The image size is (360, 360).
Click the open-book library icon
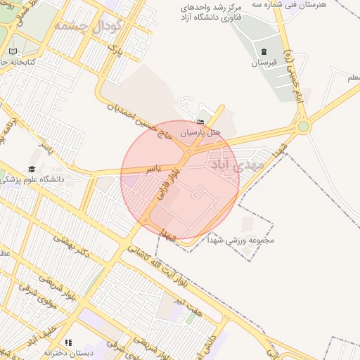point(13,51)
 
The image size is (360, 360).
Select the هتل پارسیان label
point(200,132)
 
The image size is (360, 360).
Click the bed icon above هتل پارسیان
point(201,122)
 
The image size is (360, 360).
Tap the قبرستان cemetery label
point(264,63)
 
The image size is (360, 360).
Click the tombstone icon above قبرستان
point(264,52)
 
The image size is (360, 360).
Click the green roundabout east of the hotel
point(303,127)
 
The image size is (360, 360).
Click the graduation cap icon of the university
point(32,169)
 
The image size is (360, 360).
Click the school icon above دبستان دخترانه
point(68,342)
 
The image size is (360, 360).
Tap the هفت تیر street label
point(189,307)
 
